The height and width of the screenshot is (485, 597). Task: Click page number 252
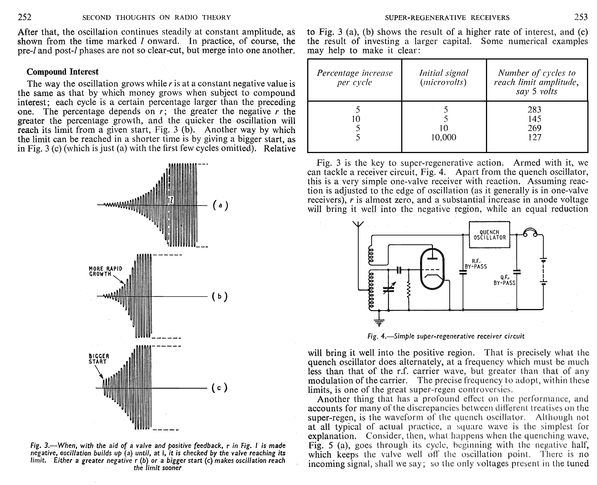(24, 17)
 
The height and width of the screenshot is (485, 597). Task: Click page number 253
(581, 17)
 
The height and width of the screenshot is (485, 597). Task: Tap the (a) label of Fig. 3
(220, 205)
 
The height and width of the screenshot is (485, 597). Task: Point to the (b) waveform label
(220, 296)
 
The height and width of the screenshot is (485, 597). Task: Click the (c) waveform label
(220, 388)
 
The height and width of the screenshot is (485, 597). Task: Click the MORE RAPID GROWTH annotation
(105, 271)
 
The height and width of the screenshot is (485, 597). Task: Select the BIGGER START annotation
(98, 359)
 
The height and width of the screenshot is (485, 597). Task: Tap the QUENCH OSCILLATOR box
(489, 235)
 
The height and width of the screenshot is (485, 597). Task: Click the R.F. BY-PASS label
(476, 264)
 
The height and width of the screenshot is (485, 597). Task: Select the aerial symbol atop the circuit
(358, 224)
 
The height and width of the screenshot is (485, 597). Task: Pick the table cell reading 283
(534, 110)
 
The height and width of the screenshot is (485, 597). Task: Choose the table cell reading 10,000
(443, 138)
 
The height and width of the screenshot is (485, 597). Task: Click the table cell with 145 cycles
(534, 119)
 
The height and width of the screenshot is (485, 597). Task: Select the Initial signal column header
(443, 78)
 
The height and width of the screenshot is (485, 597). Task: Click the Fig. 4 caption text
(446, 336)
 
